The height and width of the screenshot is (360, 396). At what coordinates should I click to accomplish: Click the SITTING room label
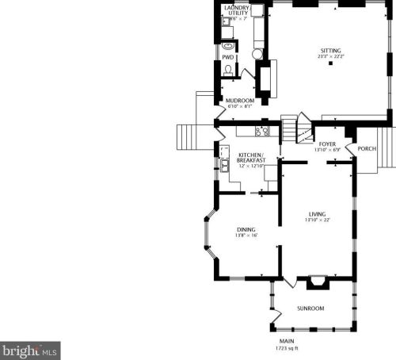(x=330, y=50)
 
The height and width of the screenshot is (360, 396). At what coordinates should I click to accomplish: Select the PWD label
(x=227, y=57)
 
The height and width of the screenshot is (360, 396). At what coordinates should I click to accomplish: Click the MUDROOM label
(x=240, y=100)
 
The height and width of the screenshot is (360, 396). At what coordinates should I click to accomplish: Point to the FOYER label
(x=327, y=144)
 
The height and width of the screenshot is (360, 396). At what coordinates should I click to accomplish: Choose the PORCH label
(x=367, y=148)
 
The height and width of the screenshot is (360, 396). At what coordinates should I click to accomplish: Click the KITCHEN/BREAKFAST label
(x=250, y=157)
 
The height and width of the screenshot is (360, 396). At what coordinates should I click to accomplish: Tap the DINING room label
(x=246, y=230)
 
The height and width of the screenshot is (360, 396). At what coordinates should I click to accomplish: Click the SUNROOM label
(x=310, y=308)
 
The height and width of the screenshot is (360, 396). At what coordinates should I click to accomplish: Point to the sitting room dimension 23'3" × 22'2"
(x=330, y=56)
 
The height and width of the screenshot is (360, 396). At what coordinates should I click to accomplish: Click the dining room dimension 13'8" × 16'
(x=246, y=236)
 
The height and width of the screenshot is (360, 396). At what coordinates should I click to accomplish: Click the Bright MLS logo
(x=30, y=349)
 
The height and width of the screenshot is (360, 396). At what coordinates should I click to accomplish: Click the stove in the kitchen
(x=263, y=131)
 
